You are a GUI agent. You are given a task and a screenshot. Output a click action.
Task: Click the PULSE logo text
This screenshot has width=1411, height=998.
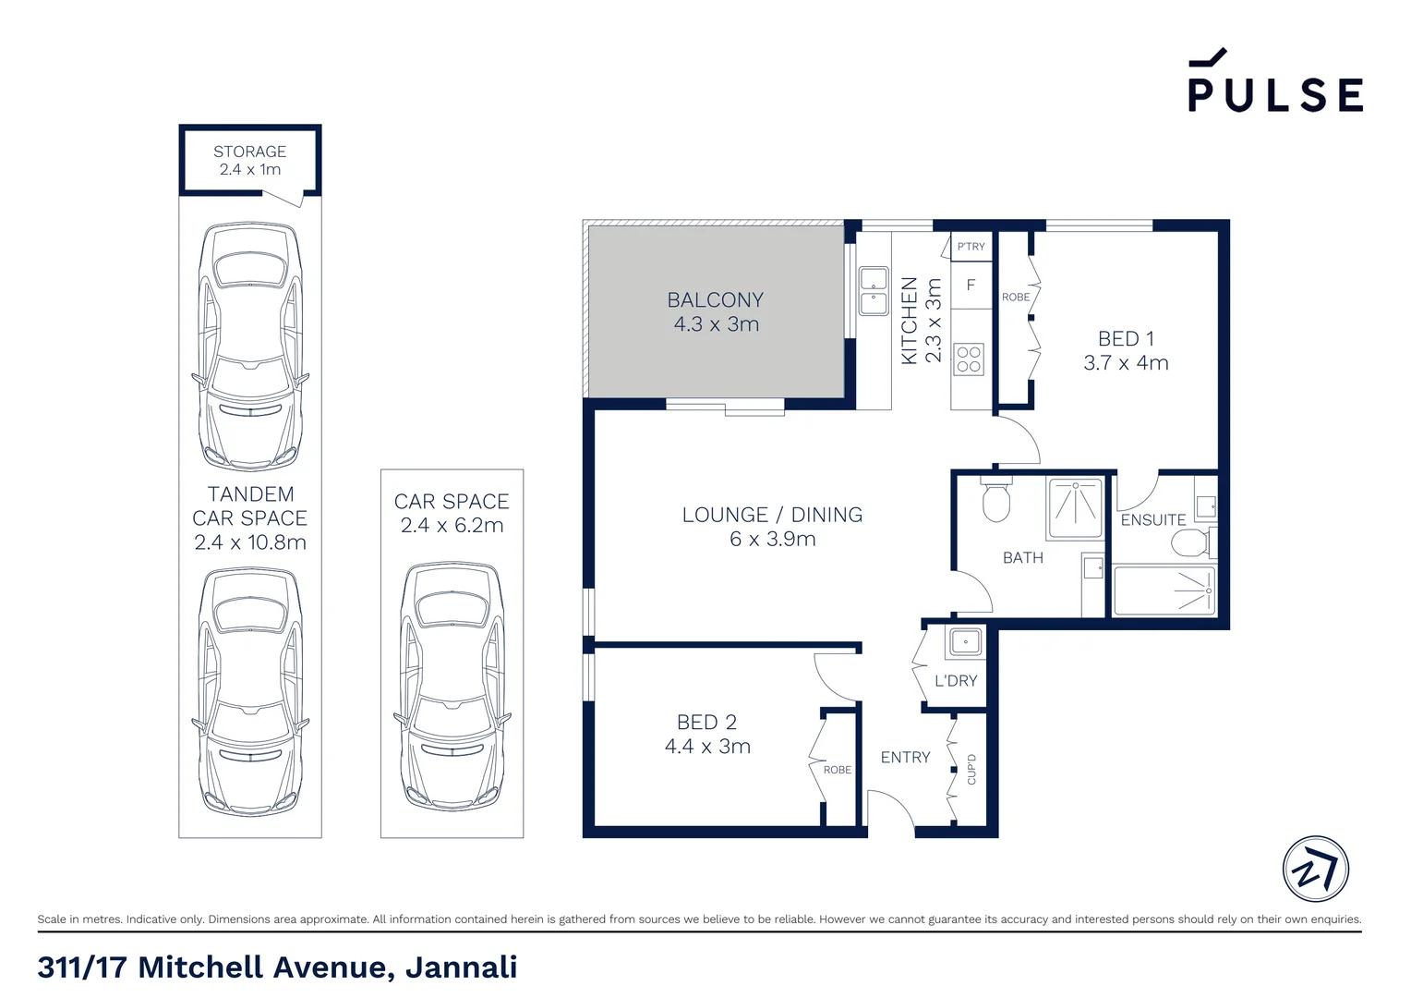coord(1274,93)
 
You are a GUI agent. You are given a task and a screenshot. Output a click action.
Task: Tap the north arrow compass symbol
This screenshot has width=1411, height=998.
coord(1315,870)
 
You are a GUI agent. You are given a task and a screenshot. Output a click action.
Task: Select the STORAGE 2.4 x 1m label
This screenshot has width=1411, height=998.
coord(249,160)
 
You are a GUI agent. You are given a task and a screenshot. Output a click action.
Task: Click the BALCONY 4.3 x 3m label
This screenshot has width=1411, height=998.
coord(716,311)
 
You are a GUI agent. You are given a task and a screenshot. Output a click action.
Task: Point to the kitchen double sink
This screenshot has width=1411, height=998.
coord(873,290)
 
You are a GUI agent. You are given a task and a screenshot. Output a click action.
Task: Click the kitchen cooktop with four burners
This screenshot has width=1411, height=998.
coord(969,359)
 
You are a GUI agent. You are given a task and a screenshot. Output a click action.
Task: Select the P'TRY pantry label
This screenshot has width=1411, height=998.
coord(971,247)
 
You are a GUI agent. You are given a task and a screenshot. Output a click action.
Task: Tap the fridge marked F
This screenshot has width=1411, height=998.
coord(971,286)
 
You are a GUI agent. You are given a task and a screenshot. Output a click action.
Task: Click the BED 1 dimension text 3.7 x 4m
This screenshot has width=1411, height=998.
coord(1126,363)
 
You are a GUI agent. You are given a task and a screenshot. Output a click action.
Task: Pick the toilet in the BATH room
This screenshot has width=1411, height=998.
coord(996,500)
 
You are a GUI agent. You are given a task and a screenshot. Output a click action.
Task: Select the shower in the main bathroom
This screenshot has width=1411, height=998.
coord(1075,507)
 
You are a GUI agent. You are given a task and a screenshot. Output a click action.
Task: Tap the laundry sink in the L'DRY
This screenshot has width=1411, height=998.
coord(966,641)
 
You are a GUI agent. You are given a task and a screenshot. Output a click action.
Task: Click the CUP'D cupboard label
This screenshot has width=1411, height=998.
coord(971,770)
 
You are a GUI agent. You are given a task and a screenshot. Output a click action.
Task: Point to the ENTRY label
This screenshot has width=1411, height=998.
coord(905,758)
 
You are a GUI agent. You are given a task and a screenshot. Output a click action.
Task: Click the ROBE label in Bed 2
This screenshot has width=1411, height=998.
coord(838,770)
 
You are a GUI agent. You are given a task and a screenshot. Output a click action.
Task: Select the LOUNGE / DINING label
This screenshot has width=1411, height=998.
coord(772,515)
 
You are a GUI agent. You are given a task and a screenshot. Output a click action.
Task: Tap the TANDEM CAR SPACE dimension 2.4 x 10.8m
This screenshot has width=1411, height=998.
coord(250,542)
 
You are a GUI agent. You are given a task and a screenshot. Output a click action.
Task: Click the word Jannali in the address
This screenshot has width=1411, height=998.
coord(461,968)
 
